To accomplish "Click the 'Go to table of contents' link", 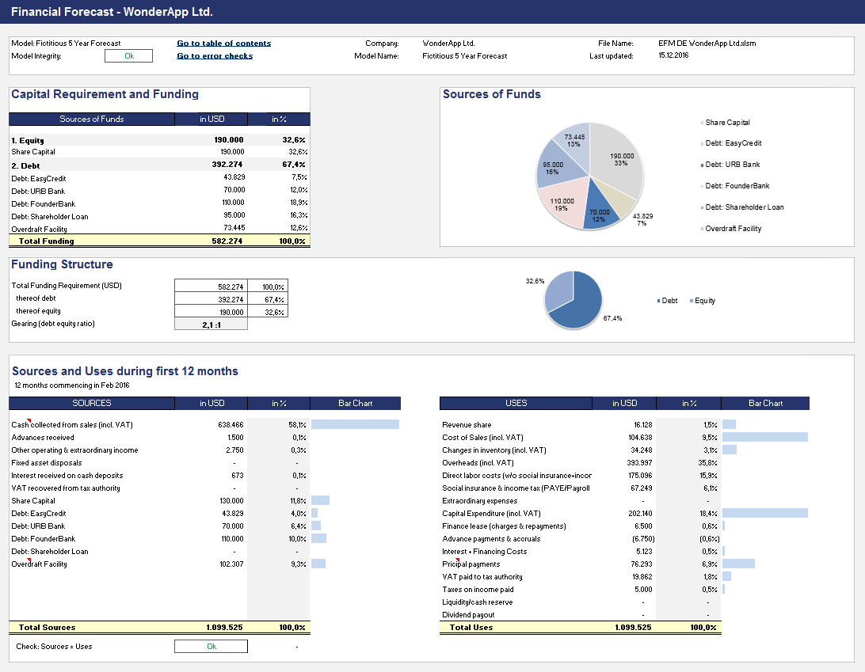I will pos(223,44).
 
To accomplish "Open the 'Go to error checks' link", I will pos(215,56).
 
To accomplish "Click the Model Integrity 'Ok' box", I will pos(128,56).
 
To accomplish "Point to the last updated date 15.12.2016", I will pos(673,56).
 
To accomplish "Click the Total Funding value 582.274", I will pos(229,241).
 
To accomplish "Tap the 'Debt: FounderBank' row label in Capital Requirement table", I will pos(44,203).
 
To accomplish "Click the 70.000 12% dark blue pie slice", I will pos(600,214).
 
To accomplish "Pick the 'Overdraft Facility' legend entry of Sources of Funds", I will pos(733,229).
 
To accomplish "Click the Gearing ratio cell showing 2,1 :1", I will pos(211,324).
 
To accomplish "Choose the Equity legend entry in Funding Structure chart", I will pos(704,301).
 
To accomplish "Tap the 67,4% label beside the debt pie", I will pos(612,318).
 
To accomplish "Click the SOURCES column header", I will pos(92,403).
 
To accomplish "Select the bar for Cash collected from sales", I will pos(355,424).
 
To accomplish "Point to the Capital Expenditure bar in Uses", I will pos(764,513).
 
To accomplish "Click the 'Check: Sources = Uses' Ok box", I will pos(211,647).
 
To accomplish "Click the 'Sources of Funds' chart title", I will pos(491,94).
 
